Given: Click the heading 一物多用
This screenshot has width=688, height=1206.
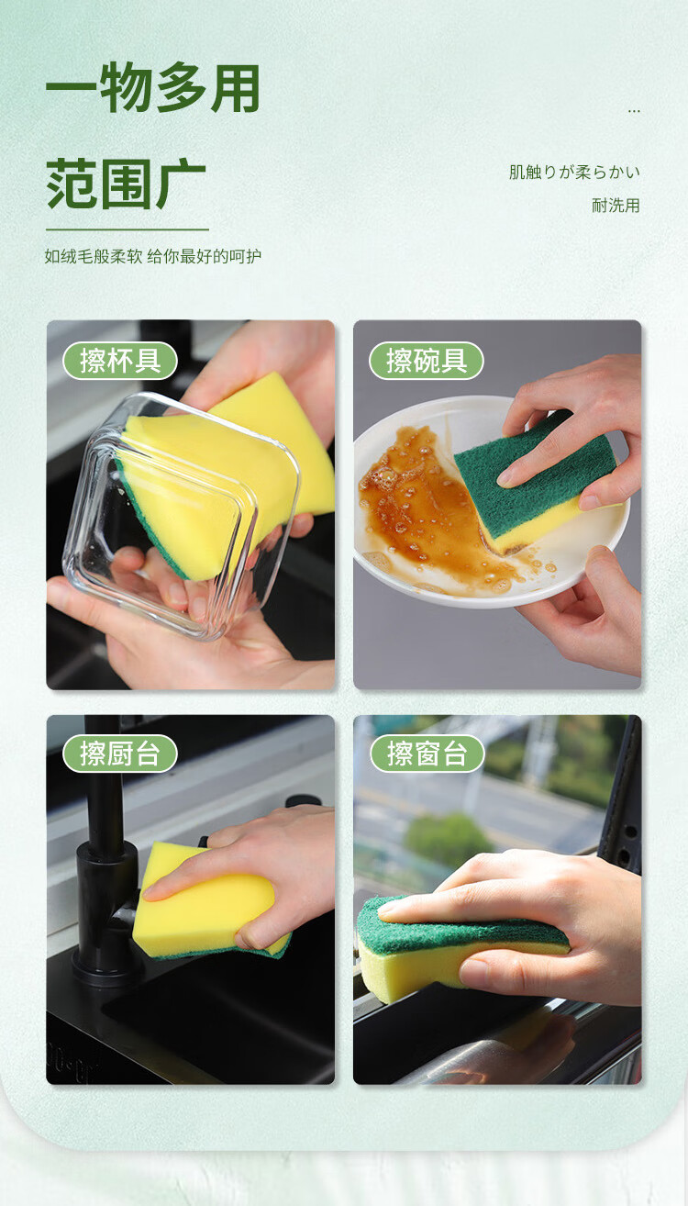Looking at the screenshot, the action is [x=153, y=88].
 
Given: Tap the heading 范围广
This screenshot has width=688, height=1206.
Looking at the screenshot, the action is [x=126, y=184].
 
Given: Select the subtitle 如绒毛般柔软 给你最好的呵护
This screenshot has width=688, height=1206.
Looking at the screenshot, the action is [x=153, y=256].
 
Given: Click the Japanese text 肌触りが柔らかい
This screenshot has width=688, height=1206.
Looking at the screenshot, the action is [x=574, y=173].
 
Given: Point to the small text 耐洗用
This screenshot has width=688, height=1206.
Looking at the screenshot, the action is [x=616, y=205].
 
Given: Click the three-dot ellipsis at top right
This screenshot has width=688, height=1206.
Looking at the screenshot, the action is [x=634, y=111].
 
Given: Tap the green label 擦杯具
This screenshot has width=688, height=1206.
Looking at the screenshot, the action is [x=120, y=361].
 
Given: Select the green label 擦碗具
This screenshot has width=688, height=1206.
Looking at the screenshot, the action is [x=426, y=361].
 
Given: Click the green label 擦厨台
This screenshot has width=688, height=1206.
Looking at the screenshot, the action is [x=120, y=754].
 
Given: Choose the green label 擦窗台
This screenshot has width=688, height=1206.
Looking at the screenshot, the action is [x=427, y=754].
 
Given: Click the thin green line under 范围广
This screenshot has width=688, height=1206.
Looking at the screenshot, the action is [x=128, y=229].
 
